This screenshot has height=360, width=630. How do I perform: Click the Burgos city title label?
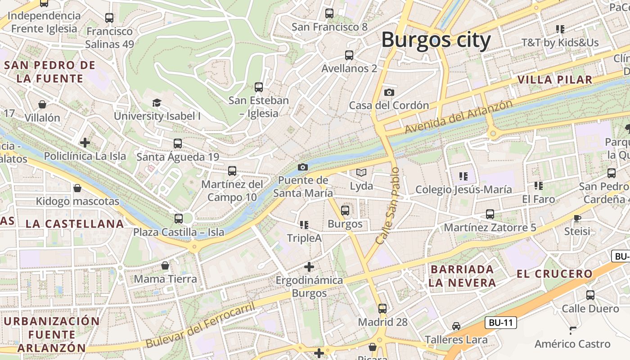(436, 40)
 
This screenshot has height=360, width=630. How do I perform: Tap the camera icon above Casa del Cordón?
(389, 92)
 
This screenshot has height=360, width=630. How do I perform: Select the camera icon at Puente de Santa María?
(303, 167)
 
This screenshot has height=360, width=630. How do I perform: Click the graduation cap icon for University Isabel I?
(157, 103)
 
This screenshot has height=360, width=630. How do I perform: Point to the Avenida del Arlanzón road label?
(458, 117)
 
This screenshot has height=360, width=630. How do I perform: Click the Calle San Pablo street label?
(388, 206)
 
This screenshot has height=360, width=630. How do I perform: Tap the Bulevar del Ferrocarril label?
(200, 325)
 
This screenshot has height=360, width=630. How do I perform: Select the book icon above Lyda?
(361, 172)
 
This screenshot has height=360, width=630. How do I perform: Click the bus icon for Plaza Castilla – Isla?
(178, 219)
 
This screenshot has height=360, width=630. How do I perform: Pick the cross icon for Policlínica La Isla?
(85, 143)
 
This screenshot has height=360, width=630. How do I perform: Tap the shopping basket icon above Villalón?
(42, 104)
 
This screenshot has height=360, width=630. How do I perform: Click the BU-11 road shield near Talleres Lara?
(501, 323)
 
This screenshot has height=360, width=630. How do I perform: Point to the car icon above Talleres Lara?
(456, 326)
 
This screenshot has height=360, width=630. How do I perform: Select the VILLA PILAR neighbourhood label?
(555, 80)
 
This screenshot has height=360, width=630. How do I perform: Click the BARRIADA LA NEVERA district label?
(462, 276)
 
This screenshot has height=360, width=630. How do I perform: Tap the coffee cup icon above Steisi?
(577, 218)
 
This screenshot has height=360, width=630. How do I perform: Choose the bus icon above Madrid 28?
(382, 309)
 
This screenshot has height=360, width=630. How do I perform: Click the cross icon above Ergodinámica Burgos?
(309, 267)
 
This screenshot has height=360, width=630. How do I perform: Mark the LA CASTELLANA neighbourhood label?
(75, 224)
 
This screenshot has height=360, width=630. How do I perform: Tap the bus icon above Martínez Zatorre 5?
(490, 214)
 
